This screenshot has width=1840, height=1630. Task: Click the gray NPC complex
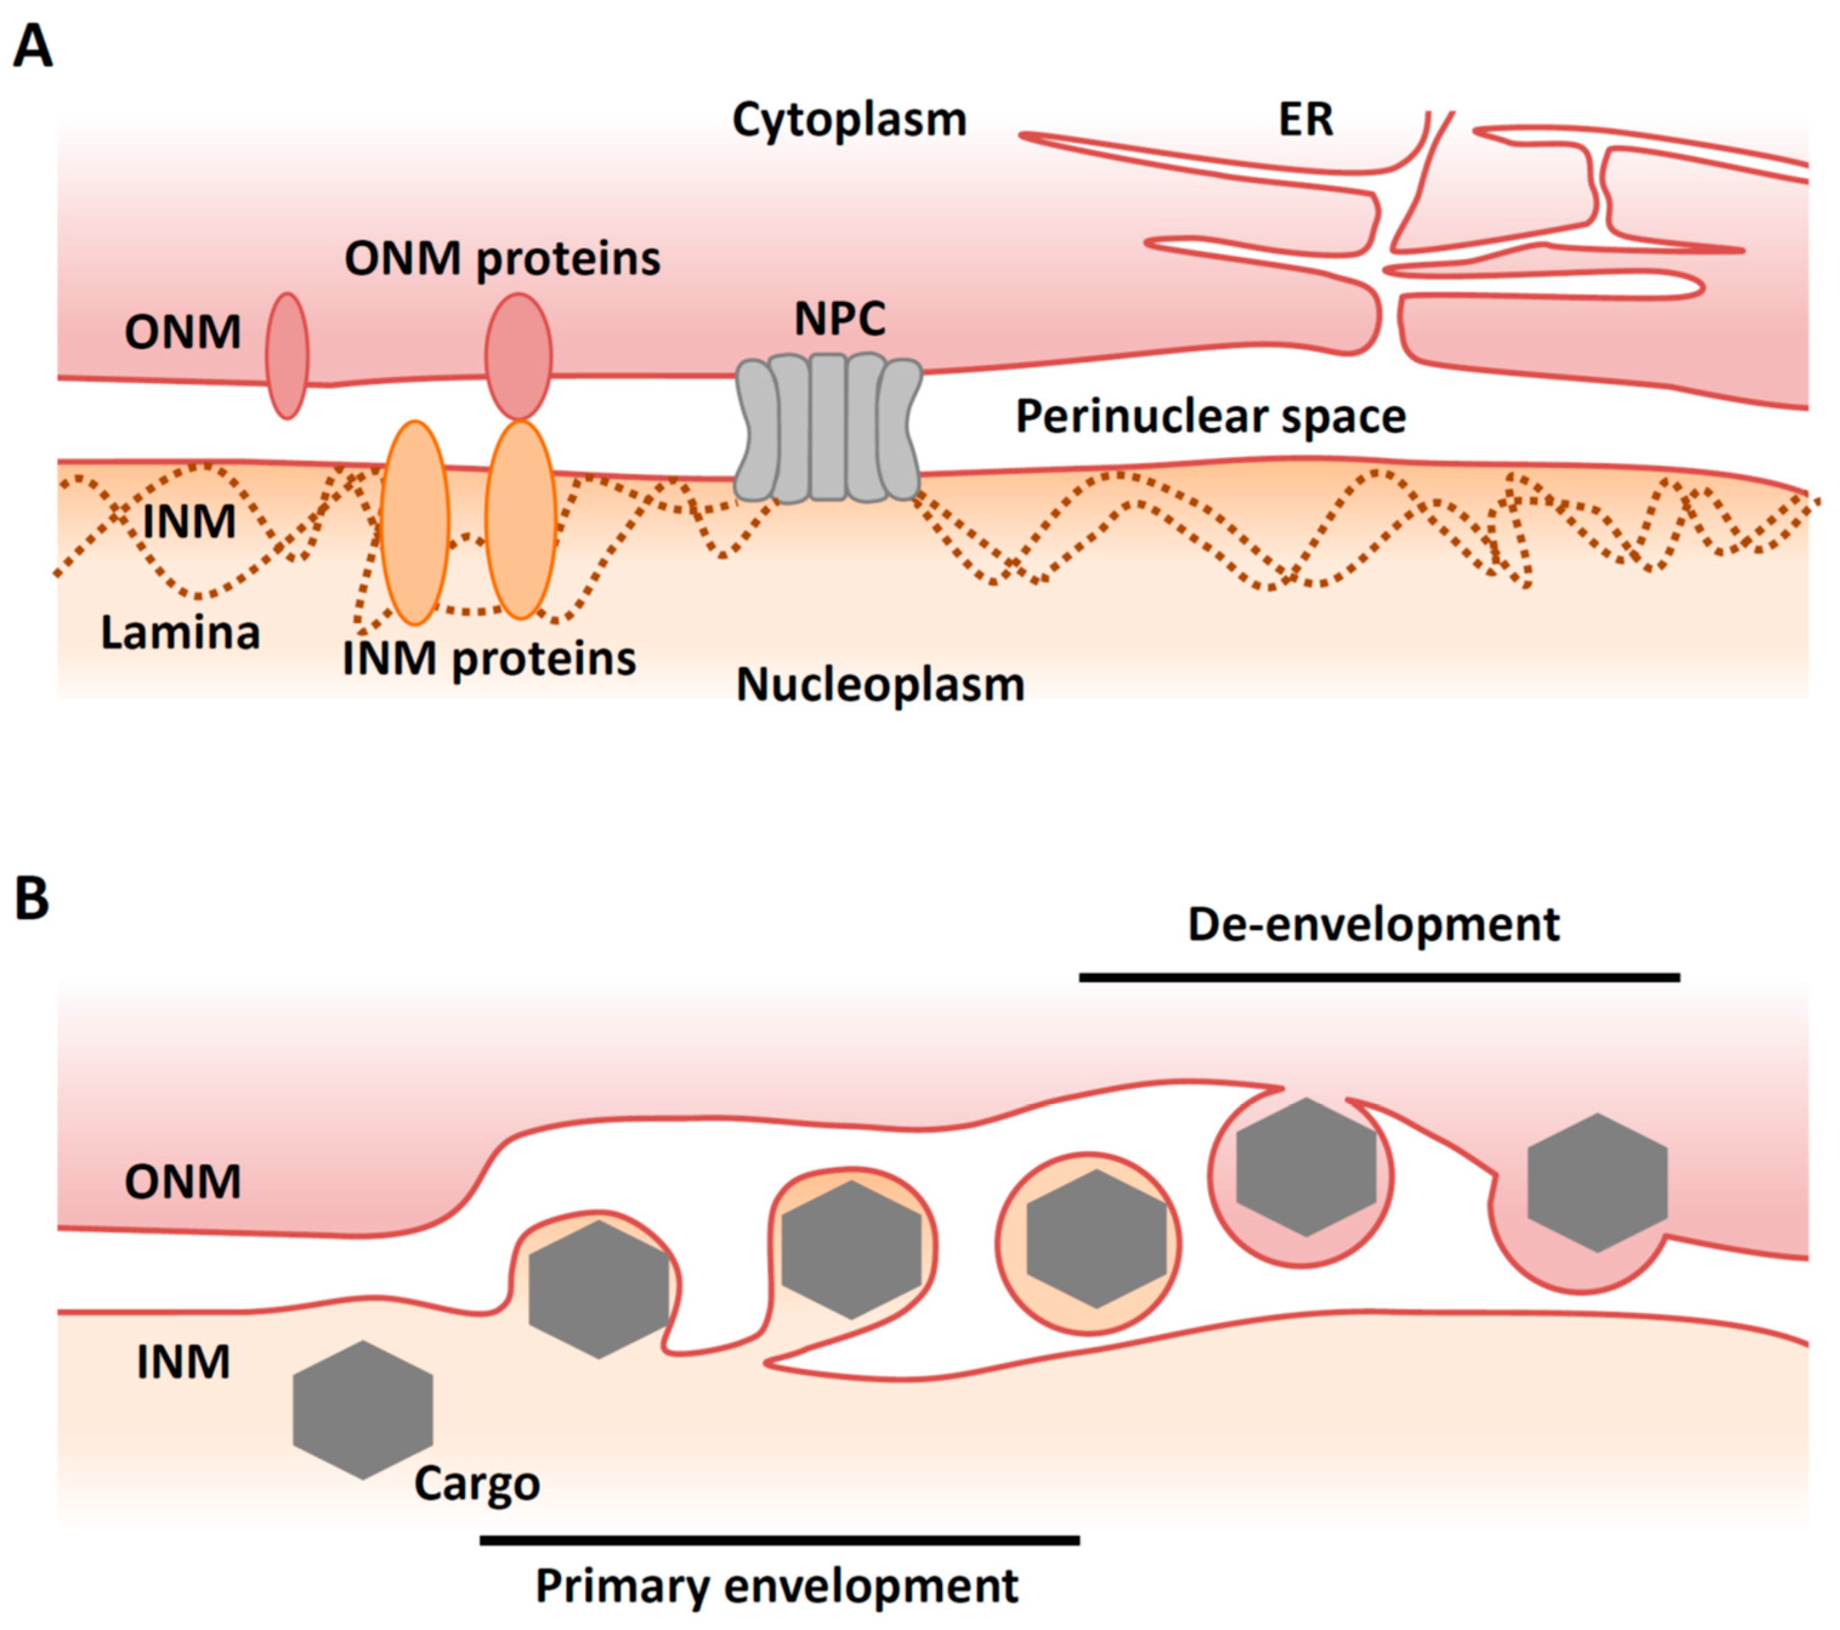(x=828, y=427)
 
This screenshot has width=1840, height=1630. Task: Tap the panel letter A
(x=33, y=47)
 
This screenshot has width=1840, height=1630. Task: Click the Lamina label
(x=180, y=633)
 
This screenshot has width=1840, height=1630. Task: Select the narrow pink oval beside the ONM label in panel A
(x=287, y=356)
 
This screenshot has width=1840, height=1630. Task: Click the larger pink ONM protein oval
(x=518, y=356)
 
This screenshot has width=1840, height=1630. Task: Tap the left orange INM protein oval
(x=414, y=522)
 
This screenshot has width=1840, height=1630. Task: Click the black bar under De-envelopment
(x=1379, y=977)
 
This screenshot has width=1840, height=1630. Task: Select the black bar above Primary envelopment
(x=779, y=1540)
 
